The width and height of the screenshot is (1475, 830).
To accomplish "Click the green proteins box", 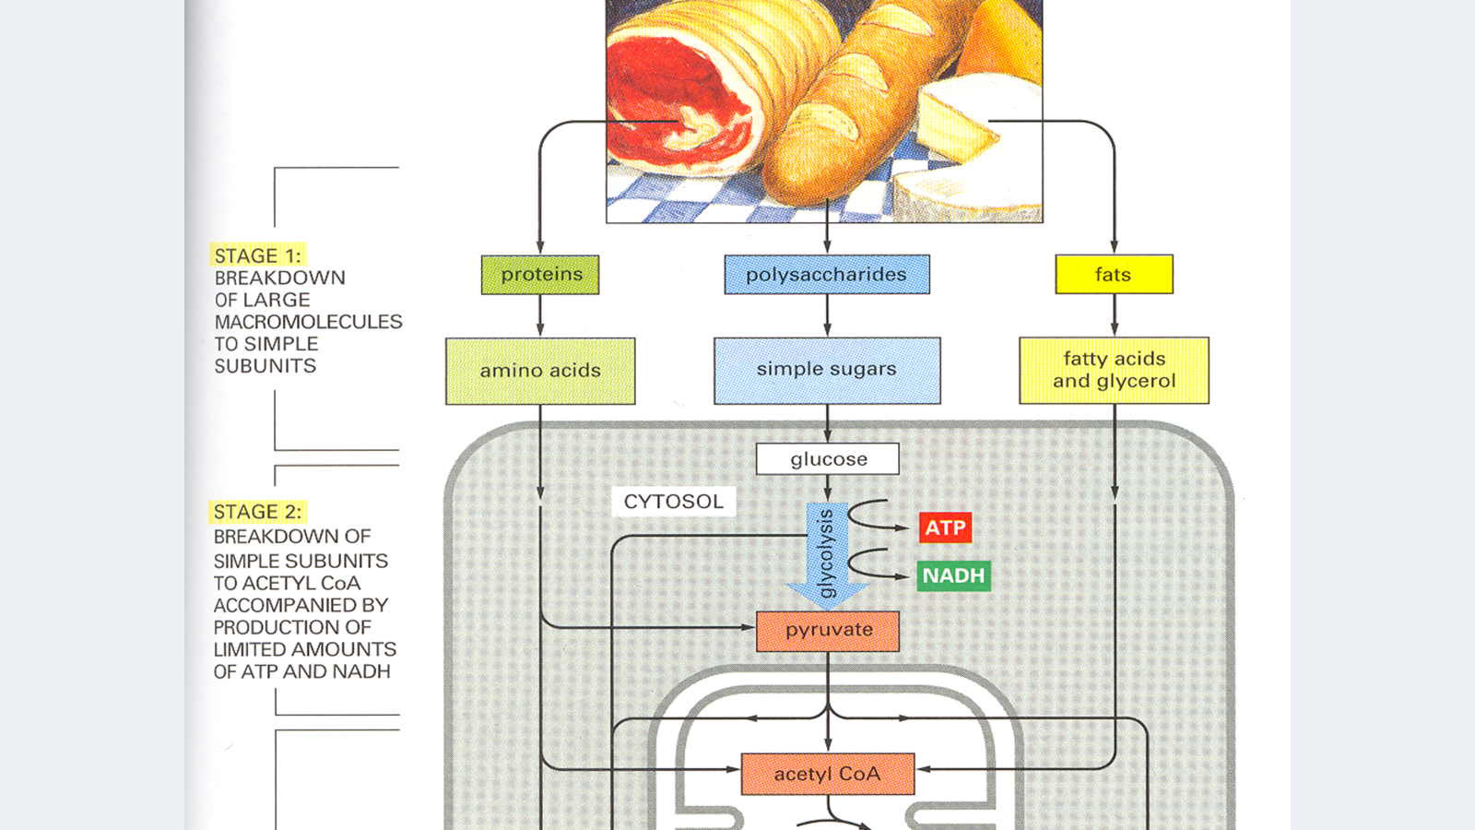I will point(540,275).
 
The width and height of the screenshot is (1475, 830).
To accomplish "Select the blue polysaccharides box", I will point(827,275).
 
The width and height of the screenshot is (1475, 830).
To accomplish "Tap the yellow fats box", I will point(1114,275).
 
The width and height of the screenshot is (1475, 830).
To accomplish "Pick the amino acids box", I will point(540,371).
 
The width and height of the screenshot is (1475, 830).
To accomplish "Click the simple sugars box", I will point(827,370).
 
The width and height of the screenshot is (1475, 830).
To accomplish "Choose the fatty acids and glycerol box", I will point(1114,370).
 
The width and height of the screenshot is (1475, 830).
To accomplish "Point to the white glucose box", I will point(828,459).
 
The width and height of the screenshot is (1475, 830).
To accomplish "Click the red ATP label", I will point(945,528).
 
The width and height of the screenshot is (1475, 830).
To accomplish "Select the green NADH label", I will point(953,575).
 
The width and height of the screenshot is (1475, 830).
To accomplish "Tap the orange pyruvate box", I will point(828,631).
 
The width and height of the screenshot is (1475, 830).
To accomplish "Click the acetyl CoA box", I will point(828,774).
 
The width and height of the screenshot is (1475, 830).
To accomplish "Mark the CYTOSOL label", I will point(673,502).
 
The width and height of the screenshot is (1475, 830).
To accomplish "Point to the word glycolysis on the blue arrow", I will point(826,553).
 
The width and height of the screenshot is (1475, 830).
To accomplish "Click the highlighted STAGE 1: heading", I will point(258,255).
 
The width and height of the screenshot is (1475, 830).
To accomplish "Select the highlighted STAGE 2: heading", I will point(258,512).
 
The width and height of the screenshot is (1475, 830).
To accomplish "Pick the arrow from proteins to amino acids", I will point(540,315).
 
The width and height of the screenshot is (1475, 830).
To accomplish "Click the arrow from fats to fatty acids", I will point(1114,315).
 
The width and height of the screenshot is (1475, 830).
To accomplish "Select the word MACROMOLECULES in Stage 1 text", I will point(308,322).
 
